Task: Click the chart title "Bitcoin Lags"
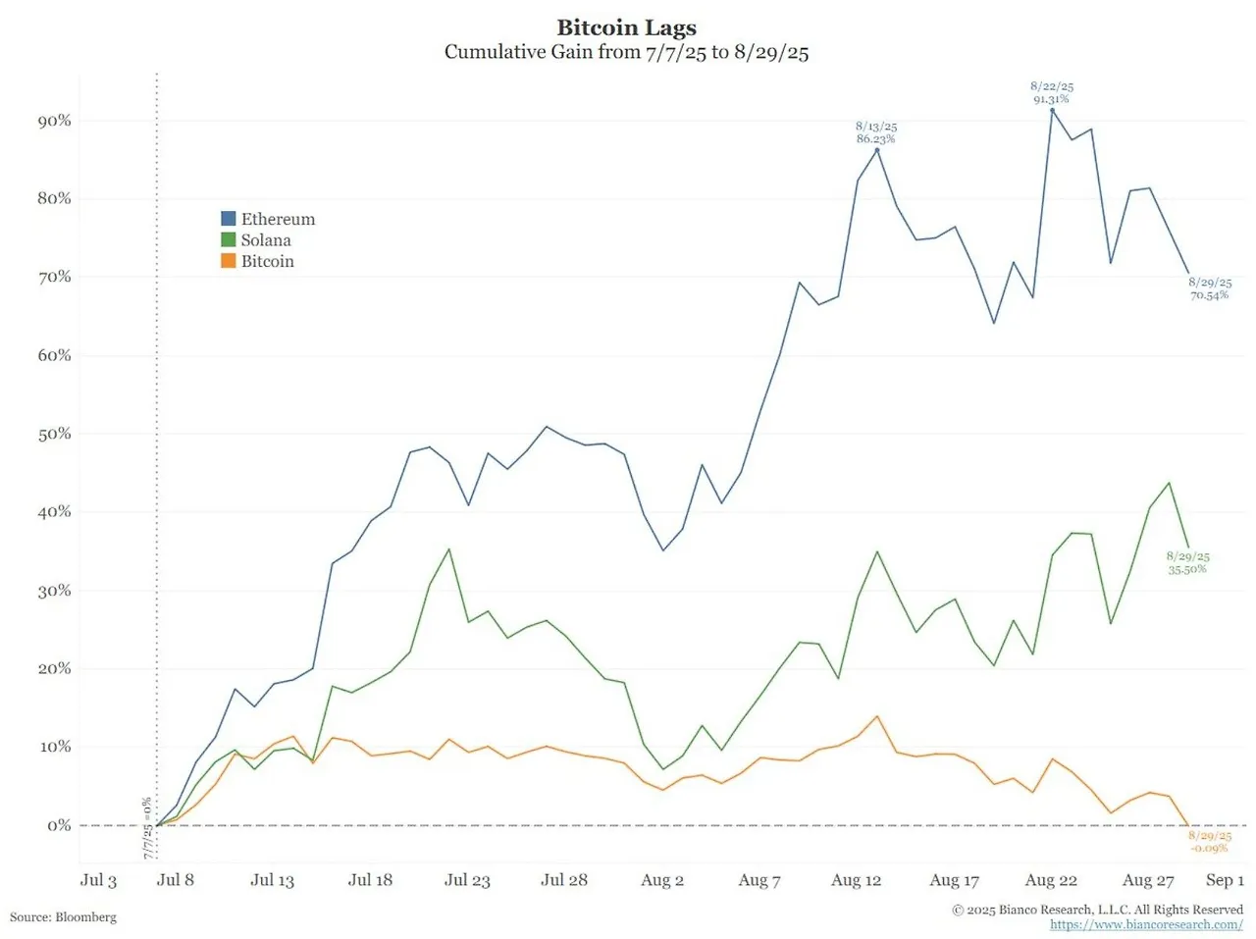coord(626,27)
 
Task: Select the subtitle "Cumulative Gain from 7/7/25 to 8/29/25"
coord(626,52)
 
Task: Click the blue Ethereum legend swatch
coord(229,219)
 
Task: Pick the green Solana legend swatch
coord(229,240)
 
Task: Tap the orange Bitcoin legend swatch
coord(229,261)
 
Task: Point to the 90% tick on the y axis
coord(55,121)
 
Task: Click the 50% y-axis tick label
coord(55,434)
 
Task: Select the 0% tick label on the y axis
coord(59,825)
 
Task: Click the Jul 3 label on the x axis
coord(98,880)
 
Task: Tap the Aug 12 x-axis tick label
coord(856,880)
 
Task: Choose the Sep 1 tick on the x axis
coord(1225,880)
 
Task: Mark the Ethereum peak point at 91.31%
coord(1052,110)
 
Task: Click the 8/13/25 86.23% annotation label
coord(876,132)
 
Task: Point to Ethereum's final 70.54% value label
coord(1210,288)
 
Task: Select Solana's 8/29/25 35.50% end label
coord(1187,562)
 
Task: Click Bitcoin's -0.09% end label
coord(1209,842)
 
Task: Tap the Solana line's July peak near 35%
coord(449,549)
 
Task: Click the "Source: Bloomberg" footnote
coord(63,917)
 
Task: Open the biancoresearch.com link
coord(1146,924)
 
